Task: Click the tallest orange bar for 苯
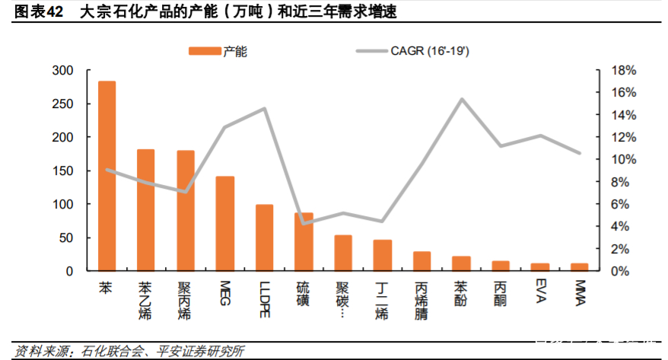[x=107, y=175]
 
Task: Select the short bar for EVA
[x=540, y=266]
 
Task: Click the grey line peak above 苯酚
[x=461, y=99]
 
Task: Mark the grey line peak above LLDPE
[x=264, y=108]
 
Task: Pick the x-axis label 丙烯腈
[x=421, y=301]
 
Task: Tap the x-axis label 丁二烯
[x=382, y=301]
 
